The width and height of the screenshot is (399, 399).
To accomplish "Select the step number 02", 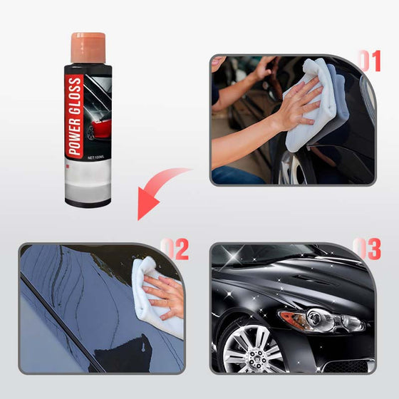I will tap(175, 249).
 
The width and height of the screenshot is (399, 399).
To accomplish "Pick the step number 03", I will tap(368, 249).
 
